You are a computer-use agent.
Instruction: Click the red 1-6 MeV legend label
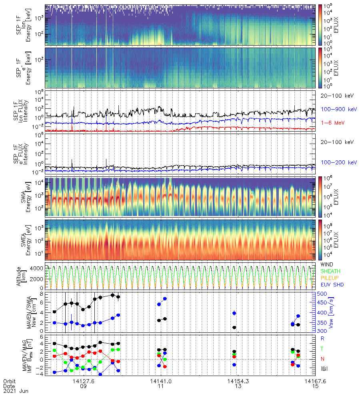331,122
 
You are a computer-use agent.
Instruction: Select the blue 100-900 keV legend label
335,109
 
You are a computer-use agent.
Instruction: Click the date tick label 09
84,387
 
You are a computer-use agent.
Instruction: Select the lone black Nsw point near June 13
234,328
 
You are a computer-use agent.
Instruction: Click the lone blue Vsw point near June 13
234,313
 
